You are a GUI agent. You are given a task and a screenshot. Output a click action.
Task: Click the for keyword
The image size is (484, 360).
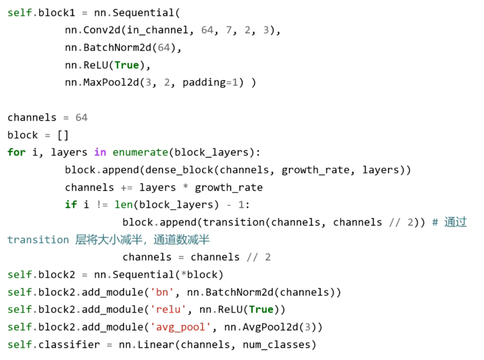click(17, 152)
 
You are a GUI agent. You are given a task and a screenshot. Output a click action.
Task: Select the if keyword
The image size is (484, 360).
click(71, 204)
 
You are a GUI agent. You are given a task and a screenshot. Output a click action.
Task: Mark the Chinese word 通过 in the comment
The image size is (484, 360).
click(455, 222)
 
